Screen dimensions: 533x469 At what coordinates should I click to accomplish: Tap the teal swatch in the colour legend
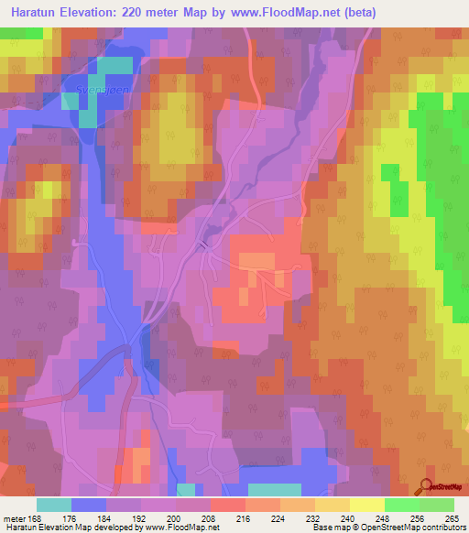(54, 504)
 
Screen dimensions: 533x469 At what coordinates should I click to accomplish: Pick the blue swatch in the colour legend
(89, 504)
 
